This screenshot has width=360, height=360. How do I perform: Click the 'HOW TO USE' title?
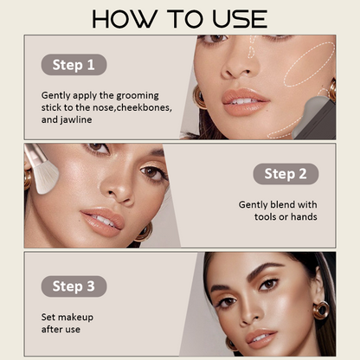pos(179,19)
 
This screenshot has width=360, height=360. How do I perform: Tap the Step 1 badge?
pos(74,65)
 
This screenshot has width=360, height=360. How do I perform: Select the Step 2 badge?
pos(286,174)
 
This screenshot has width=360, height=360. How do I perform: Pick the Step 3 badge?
pos(74,286)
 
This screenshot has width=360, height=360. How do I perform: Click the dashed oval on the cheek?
pos(309,65)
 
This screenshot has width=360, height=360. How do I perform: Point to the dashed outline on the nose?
pos(252,46)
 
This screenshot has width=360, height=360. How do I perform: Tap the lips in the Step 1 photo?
pos(245,102)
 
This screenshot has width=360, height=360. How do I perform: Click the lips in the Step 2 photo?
pos(104,221)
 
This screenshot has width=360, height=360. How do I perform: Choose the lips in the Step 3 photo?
pos(260,338)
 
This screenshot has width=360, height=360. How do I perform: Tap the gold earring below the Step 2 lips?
pos(144,233)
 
